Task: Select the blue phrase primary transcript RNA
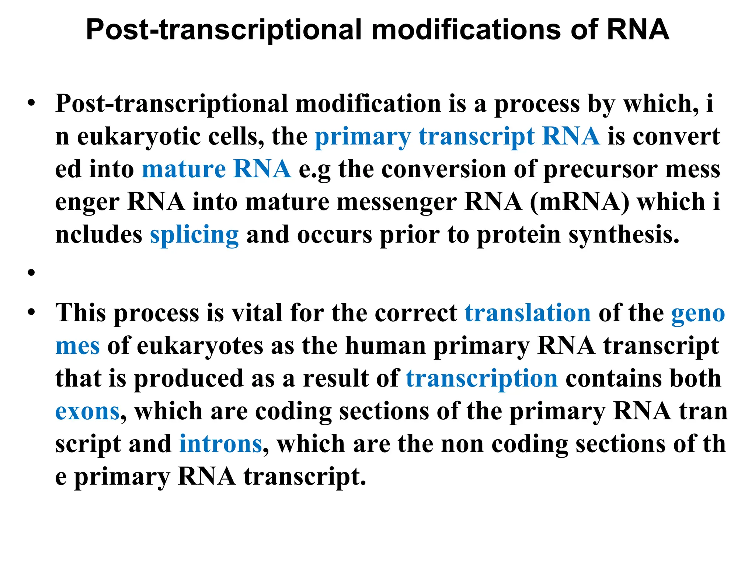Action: [457, 136]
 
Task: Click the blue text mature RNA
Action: [216, 169]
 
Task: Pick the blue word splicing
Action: [194, 235]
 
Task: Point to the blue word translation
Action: [528, 313]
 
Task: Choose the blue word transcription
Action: [481, 379]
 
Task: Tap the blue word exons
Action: [87, 412]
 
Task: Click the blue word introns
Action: [220, 444]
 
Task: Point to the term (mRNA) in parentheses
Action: [580, 202]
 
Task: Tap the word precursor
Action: [600, 169]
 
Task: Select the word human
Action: [385, 346]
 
